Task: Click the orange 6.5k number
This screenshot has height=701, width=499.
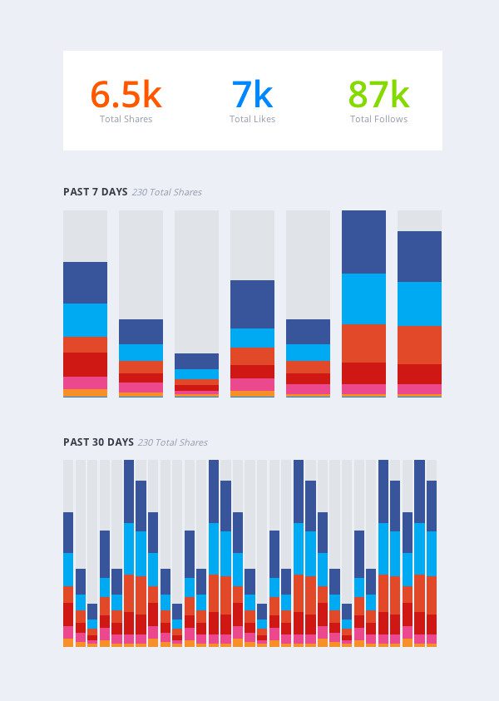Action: coord(126,95)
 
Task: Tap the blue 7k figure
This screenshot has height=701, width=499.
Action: coord(253,95)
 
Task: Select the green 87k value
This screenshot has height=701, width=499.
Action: coord(378,95)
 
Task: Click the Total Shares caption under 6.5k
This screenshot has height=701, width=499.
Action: coord(126,120)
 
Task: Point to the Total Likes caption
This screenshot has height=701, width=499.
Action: coord(253,120)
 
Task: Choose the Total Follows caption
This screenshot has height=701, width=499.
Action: coord(378,120)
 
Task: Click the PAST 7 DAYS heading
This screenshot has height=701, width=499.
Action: coord(96,192)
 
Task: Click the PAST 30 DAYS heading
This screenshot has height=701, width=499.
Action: coord(98,442)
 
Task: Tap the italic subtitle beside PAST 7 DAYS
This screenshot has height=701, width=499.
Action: coord(167,193)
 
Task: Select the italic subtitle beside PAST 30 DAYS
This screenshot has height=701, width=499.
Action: coord(173,443)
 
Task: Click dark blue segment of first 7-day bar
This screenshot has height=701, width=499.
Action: coord(85,283)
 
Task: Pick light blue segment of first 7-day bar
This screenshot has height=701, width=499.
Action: coord(85,320)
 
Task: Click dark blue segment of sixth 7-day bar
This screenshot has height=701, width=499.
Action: coord(363,242)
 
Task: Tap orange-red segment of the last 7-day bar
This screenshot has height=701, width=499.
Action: coord(419,344)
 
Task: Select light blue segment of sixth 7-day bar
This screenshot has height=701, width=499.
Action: coord(363,299)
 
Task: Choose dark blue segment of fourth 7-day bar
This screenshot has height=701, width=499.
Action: coord(252,304)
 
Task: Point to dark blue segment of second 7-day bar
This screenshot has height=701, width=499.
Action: coord(141,332)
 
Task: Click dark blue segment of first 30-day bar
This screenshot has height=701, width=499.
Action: coord(68,532)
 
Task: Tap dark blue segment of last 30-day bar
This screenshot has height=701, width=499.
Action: coord(432,506)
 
